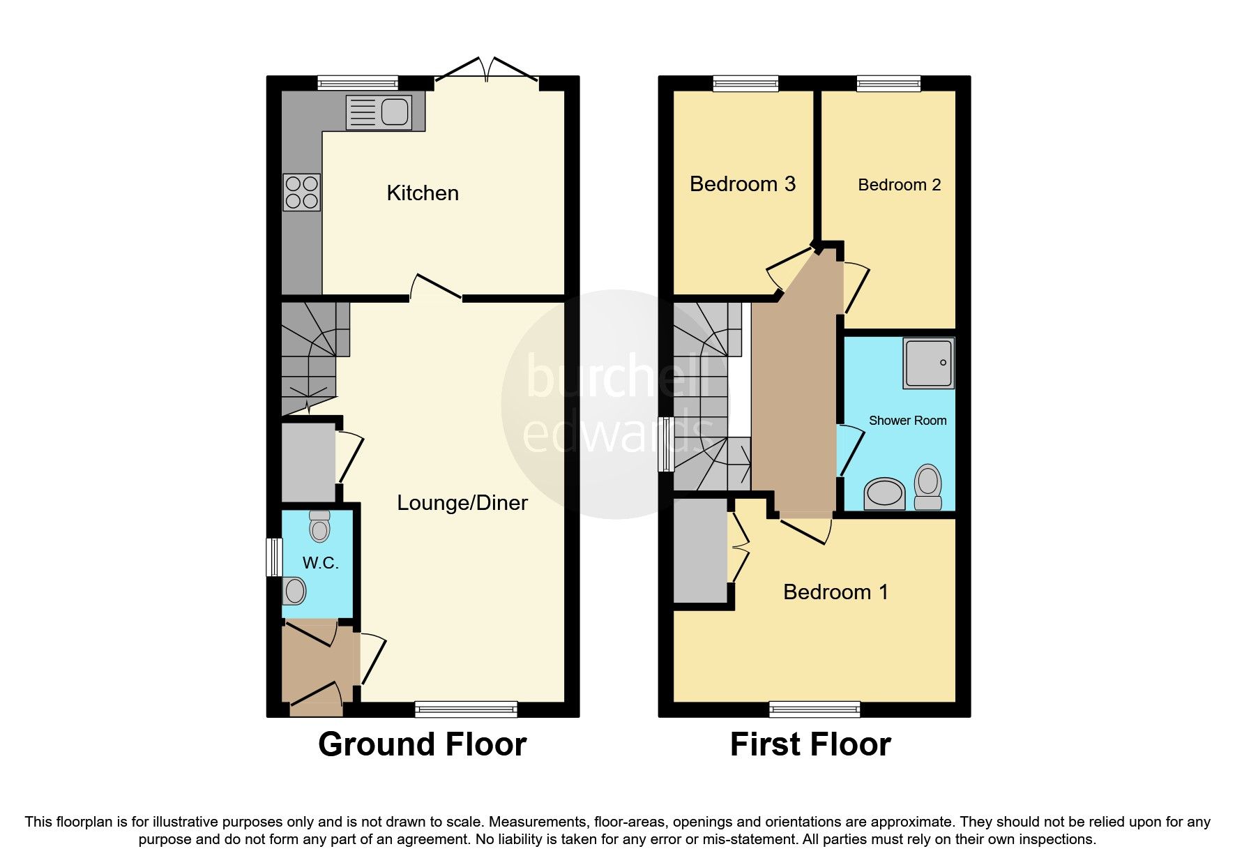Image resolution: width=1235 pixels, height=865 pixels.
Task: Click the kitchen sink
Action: (379, 112)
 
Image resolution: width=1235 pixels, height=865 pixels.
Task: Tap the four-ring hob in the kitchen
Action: (301, 193)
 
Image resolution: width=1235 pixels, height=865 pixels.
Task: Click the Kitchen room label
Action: (423, 193)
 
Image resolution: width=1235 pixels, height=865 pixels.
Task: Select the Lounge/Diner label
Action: (462, 503)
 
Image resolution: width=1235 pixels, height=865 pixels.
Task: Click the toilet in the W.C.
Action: (319, 527)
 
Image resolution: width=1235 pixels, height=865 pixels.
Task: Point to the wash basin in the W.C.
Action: (295, 592)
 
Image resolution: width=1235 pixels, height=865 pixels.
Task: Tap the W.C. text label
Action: (320, 563)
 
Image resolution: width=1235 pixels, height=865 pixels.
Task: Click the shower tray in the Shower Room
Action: (928, 363)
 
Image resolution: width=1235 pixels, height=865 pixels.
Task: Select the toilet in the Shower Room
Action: (927, 487)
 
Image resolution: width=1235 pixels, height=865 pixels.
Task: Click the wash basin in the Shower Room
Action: (884, 493)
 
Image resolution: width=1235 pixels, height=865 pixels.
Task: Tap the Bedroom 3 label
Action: (742, 184)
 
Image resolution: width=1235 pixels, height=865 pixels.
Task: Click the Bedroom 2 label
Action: (899, 185)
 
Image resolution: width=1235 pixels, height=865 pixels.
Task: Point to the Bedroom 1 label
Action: (835, 592)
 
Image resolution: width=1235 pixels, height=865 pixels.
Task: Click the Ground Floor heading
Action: (422, 744)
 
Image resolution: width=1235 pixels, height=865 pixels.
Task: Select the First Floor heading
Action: (810, 744)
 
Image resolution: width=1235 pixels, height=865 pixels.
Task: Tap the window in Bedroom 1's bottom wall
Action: (814, 709)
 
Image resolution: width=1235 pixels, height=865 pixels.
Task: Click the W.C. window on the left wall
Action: (274, 557)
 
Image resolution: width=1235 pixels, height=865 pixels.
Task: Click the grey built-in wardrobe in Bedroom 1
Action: (700, 551)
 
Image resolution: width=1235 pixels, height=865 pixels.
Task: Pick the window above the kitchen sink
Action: (358, 83)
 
